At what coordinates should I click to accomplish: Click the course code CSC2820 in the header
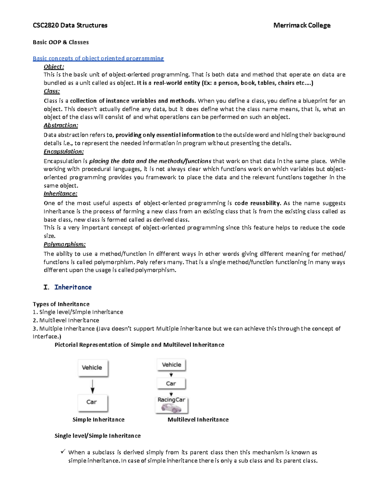(46, 25)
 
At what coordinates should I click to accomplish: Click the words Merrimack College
(302, 25)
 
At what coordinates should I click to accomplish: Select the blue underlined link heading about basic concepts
(98, 58)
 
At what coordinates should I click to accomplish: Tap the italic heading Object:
(54, 67)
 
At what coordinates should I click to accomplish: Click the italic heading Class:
(51, 91)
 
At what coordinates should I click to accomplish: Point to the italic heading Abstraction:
(61, 125)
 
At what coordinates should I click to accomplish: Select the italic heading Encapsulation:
(64, 151)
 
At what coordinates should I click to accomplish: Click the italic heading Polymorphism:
(64, 244)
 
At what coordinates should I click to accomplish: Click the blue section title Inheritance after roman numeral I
(73, 287)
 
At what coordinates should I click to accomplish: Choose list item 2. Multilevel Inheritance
(66, 320)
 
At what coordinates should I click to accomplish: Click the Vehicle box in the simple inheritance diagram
(92, 368)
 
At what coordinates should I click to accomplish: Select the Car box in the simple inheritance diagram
(92, 402)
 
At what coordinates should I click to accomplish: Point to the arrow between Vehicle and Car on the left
(92, 386)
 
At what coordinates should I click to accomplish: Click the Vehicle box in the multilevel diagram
(171, 365)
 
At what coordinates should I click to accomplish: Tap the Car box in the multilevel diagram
(171, 383)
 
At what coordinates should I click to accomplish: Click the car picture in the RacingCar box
(171, 408)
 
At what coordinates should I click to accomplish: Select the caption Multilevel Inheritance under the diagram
(198, 420)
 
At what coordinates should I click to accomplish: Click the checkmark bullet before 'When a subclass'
(63, 452)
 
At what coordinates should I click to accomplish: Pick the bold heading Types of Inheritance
(61, 304)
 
